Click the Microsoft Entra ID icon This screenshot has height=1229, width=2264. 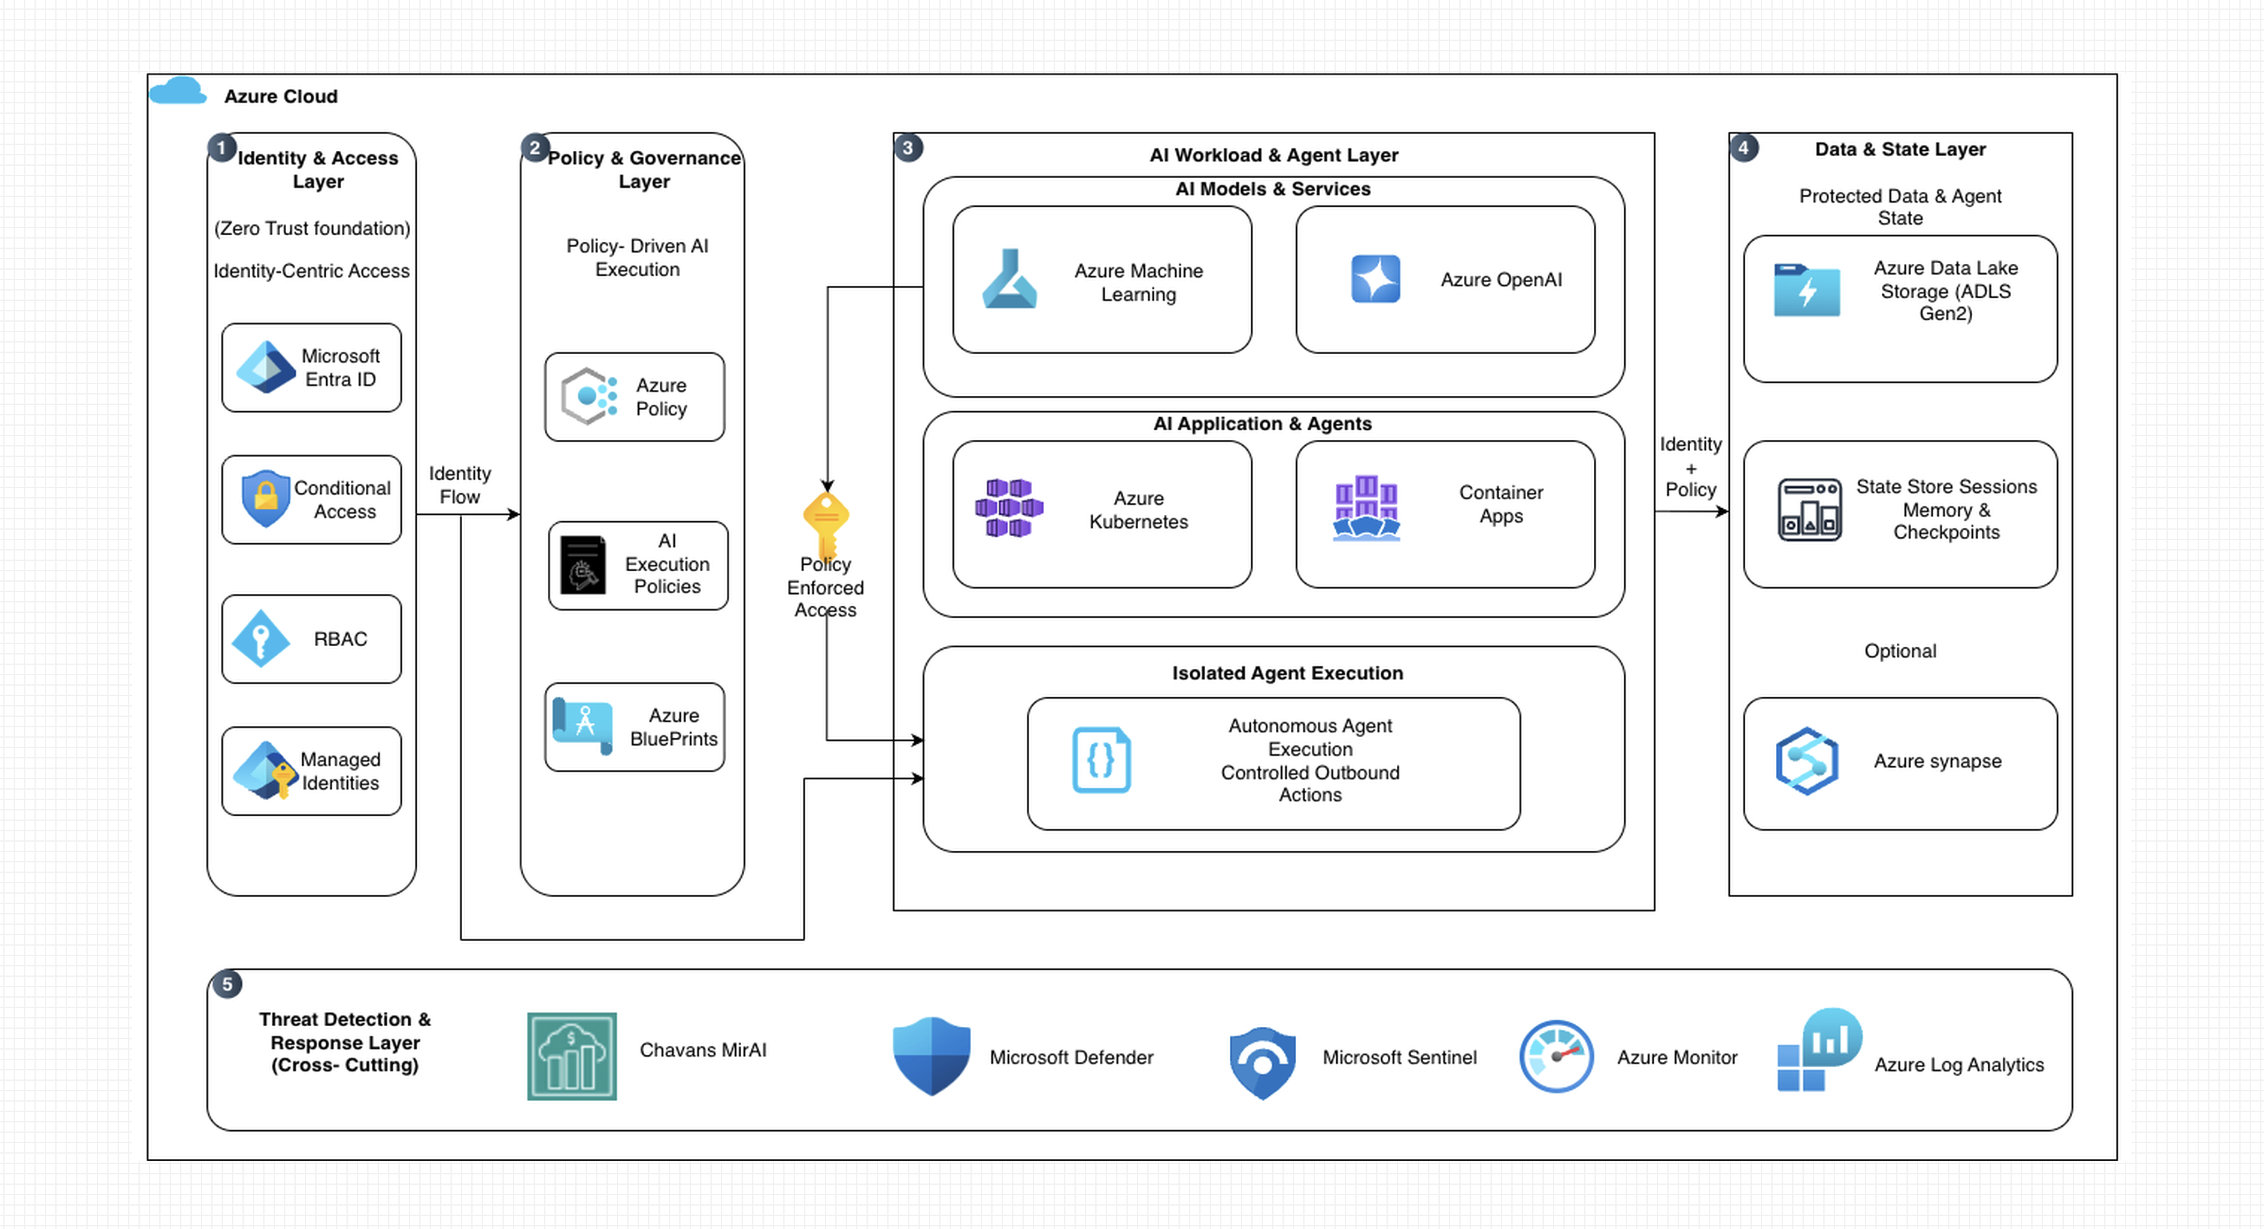pyautogui.click(x=265, y=367)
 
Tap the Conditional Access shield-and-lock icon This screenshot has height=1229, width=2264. pyautogui.click(x=265, y=498)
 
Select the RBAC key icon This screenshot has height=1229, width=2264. pyautogui.click(x=260, y=639)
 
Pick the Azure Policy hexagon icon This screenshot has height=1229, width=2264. pyautogui.click(x=589, y=396)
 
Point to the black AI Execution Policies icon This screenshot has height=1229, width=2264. pyautogui.click(x=582, y=565)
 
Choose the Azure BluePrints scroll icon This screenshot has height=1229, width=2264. pyautogui.click(x=582, y=725)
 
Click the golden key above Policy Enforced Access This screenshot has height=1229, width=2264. pyautogui.click(x=826, y=524)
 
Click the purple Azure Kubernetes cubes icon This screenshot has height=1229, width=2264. pyautogui.click(x=1009, y=508)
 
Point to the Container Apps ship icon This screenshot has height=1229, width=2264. pyautogui.click(x=1366, y=508)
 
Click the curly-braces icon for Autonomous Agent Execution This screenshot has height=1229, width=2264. pyautogui.click(x=1101, y=760)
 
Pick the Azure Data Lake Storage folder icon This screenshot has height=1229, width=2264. pyautogui.click(x=1806, y=290)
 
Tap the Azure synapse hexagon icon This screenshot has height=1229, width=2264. pyautogui.click(x=1806, y=761)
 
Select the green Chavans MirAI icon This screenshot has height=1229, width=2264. pyautogui.click(x=571, y=1056)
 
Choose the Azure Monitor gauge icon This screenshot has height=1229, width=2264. pyautogui.click(x=1557, y=1056)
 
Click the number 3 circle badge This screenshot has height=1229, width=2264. pyautogui.click(x=908, y=148)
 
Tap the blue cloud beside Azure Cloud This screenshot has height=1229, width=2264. pyautogui.click(x=178, y=92)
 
